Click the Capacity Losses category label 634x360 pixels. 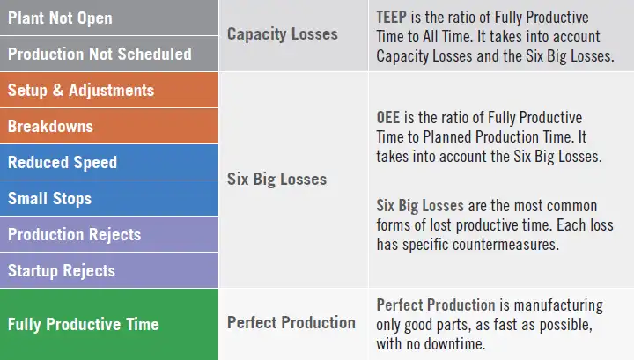pos(282,34)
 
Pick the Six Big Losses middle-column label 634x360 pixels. pos(276,179)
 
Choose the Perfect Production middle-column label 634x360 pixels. pos(291,322)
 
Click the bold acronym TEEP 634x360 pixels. pos(392,18)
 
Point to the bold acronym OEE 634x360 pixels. pos(389,117)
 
